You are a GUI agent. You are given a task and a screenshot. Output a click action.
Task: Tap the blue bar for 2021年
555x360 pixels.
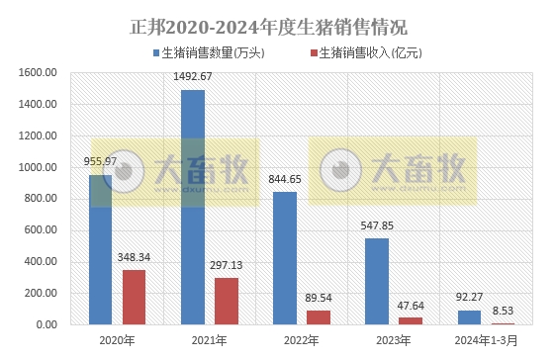click(193, 207)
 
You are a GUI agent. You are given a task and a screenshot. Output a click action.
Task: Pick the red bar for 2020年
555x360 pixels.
click(134, 297)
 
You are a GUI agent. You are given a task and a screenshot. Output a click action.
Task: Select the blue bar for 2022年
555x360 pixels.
click(284, 257)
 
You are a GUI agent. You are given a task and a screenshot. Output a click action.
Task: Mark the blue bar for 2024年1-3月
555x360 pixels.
click(469, 316)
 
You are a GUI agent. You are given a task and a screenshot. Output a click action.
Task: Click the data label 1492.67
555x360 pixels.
click(193, 77)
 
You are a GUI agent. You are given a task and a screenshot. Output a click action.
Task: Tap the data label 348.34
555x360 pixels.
click(135, 257)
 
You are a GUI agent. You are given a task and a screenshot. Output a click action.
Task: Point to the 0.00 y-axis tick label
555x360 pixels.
click(47, 324)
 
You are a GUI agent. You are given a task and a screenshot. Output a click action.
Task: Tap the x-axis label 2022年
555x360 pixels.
click(302, 341)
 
